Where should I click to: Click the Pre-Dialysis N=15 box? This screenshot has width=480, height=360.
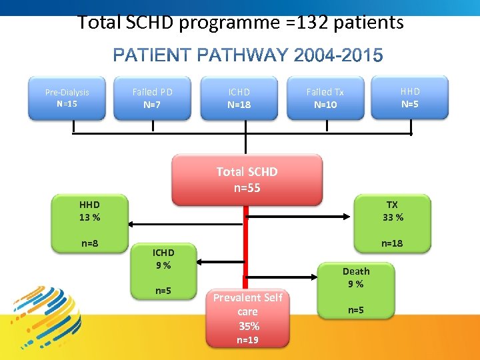[x=67, y=98]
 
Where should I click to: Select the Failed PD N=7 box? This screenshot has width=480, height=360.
[x=152, y=98]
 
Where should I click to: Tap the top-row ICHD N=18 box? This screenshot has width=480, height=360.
[x=239, y=98]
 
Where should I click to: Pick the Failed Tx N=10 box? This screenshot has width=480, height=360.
[x=325, y=98]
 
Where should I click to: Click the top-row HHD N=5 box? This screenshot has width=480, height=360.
[x=410, y=97]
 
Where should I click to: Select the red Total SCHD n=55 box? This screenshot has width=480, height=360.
[x=247, y=179]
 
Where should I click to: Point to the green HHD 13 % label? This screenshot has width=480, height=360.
[x=89, y=211]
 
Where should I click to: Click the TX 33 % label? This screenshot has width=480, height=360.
[x=392, y=211]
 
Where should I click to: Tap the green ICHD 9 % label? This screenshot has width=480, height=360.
[x=163, y=259]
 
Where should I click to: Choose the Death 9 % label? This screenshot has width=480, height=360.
[x=356, y=277]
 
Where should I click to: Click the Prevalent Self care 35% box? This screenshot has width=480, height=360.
[x=247, y=312]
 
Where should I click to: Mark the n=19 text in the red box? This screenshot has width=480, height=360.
[x=247, y=340]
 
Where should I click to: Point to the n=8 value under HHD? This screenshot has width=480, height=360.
[x=90, y=243]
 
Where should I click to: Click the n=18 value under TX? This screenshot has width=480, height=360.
[x=392, y=243]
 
